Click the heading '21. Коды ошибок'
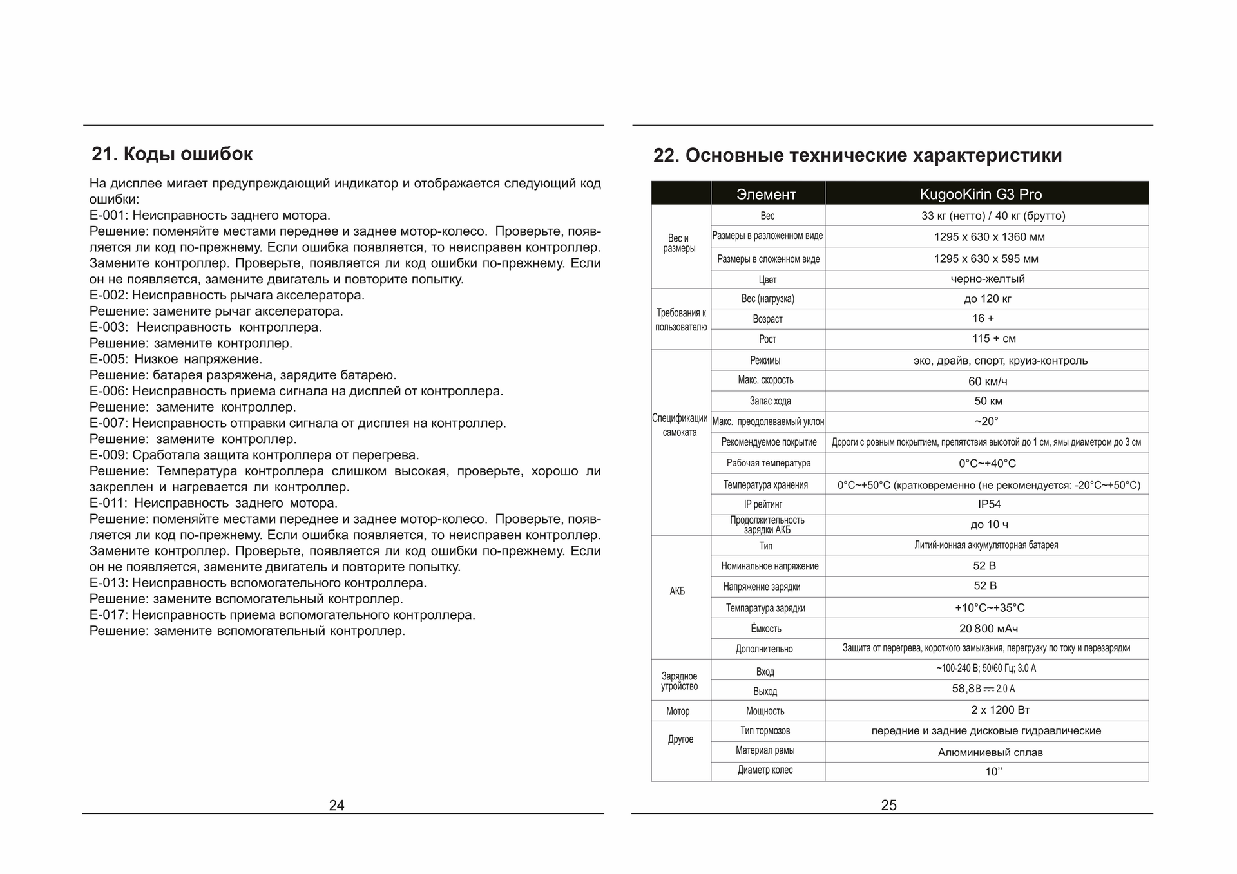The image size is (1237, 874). click(x=172, y=155)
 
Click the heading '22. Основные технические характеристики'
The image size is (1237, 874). click(x=858, y=156)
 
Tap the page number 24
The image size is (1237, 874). click(x=336, y=805)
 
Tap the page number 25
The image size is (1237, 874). click(x=888, y=805)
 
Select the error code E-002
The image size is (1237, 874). click(x=109, y=296)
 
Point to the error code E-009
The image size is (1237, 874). click(x=109, y=455)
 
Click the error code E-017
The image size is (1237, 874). click(x=109, y=615)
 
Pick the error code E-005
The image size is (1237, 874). click(x=109, y=359)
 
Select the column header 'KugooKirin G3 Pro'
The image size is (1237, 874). click(x=981, y=195)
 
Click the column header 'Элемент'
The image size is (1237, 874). click(x=766, y=195)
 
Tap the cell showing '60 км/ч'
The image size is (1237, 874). click(x=988, y=381)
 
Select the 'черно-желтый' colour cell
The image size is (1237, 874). click(x=987, y=279)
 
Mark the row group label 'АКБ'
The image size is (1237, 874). click(x=677, y=591)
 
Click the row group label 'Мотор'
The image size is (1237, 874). click(x=678, y=711)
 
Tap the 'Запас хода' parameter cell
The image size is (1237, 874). click(x=770, y=401)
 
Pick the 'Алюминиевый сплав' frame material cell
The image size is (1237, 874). click(x=990, y=752)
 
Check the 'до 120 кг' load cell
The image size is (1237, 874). click(x=988, y=299)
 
